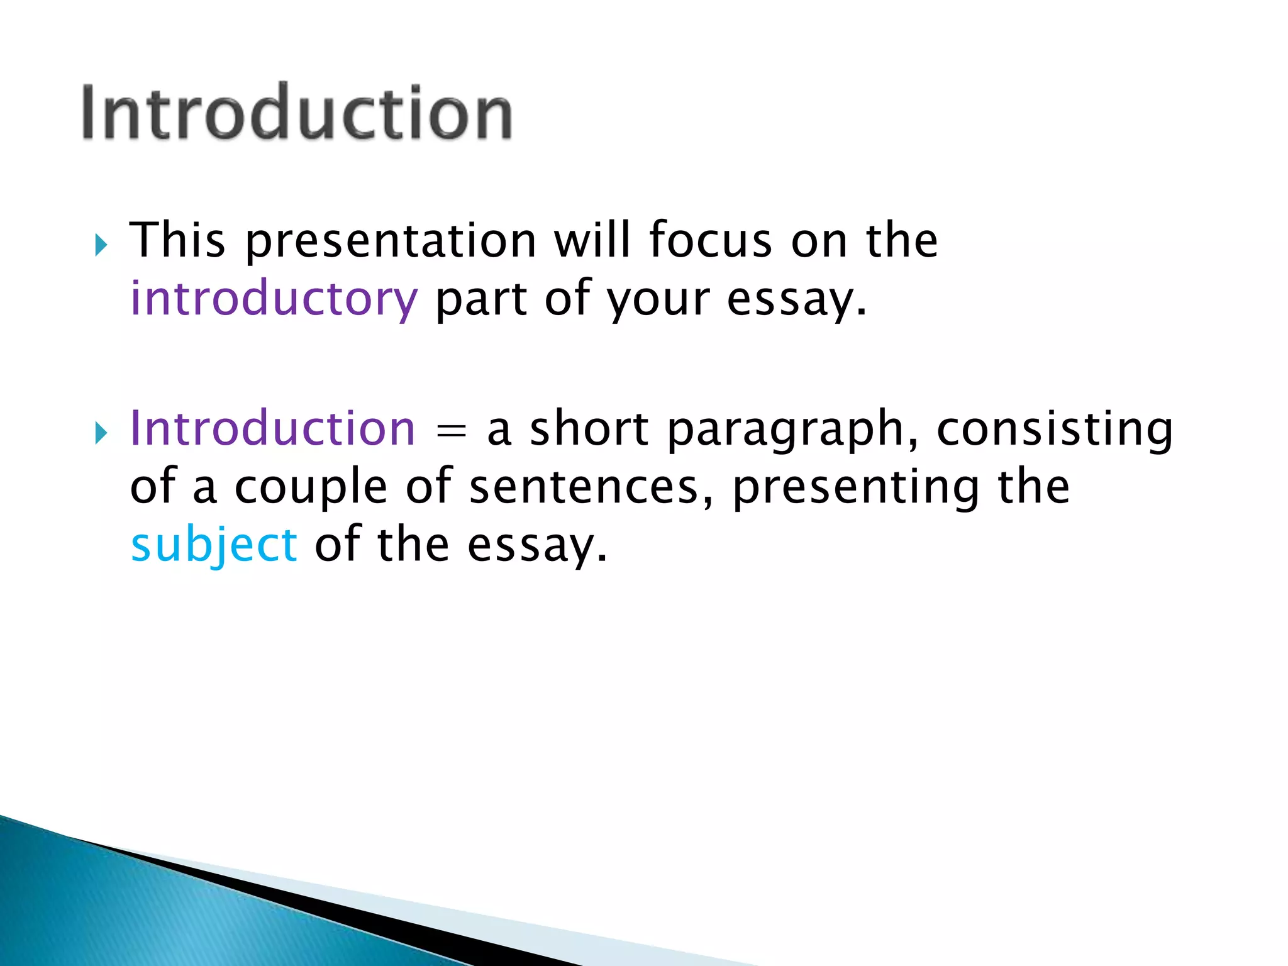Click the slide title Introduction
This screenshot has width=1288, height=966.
tap(297, 113)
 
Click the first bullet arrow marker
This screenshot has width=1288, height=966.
tap(101, 245)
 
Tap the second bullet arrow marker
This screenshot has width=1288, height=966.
tap(101, 433)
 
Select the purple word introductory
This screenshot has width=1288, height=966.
tap(274, 299)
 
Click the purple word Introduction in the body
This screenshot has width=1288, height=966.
tap(272, 429)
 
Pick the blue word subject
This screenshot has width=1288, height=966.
tap(214, 545)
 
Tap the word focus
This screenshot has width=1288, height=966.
tap(710, 241)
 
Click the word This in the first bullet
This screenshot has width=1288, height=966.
tap(177, 241)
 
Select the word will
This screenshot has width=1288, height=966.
tap(592, 241)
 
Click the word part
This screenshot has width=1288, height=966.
tap(481, 299)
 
